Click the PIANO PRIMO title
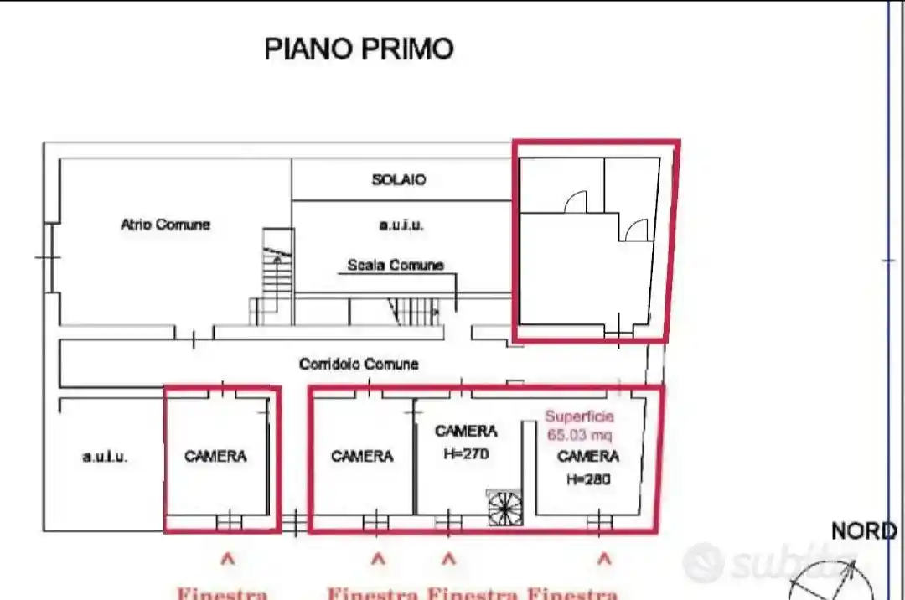[x=359, y=49]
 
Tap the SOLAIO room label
[x=399, y=179]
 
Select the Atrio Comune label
[x=165, y=225]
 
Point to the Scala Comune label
[x=396, y=265]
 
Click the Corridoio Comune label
[x=359, y=365]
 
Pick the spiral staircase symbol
[x=505, y=508]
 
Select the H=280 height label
[x=587, y=479]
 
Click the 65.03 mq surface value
[x=579, y=435]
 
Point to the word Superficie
[x=579, y=416]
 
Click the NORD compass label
[x=863, y=531]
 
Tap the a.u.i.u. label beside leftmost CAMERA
[x=105, y=457]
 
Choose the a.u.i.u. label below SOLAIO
[x=401, y=225]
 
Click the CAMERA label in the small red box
[x=215, y=457]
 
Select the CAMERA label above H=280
[x=587, y=457]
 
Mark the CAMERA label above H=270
[x=466, y=431]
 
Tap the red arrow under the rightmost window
[x=604, y=558]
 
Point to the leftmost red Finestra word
[x=221, y=593]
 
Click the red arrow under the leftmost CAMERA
[x=226, y=558]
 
